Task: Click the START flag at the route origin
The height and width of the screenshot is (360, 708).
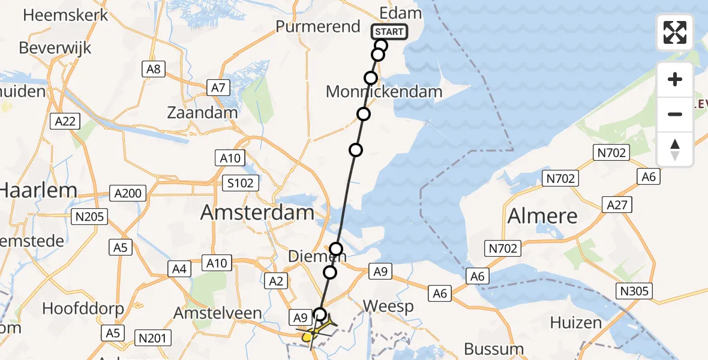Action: point(389,32)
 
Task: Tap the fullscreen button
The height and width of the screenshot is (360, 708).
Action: point(675,32)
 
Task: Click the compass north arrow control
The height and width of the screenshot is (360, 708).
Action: point(675,149)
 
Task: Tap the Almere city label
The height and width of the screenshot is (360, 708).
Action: point(542,216)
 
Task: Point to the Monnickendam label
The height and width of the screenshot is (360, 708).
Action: point(384,92)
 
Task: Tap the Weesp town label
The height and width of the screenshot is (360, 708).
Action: point(389,307)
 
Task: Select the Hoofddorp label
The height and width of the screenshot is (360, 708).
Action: point(83,309)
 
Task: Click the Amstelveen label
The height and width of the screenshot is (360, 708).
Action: point(217,313)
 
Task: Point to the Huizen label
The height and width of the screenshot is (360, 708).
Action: point(576,323)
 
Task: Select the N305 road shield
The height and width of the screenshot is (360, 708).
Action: point(635,292)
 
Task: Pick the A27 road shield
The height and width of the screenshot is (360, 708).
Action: point(617,205)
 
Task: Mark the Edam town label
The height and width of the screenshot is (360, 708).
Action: point(400,13)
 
